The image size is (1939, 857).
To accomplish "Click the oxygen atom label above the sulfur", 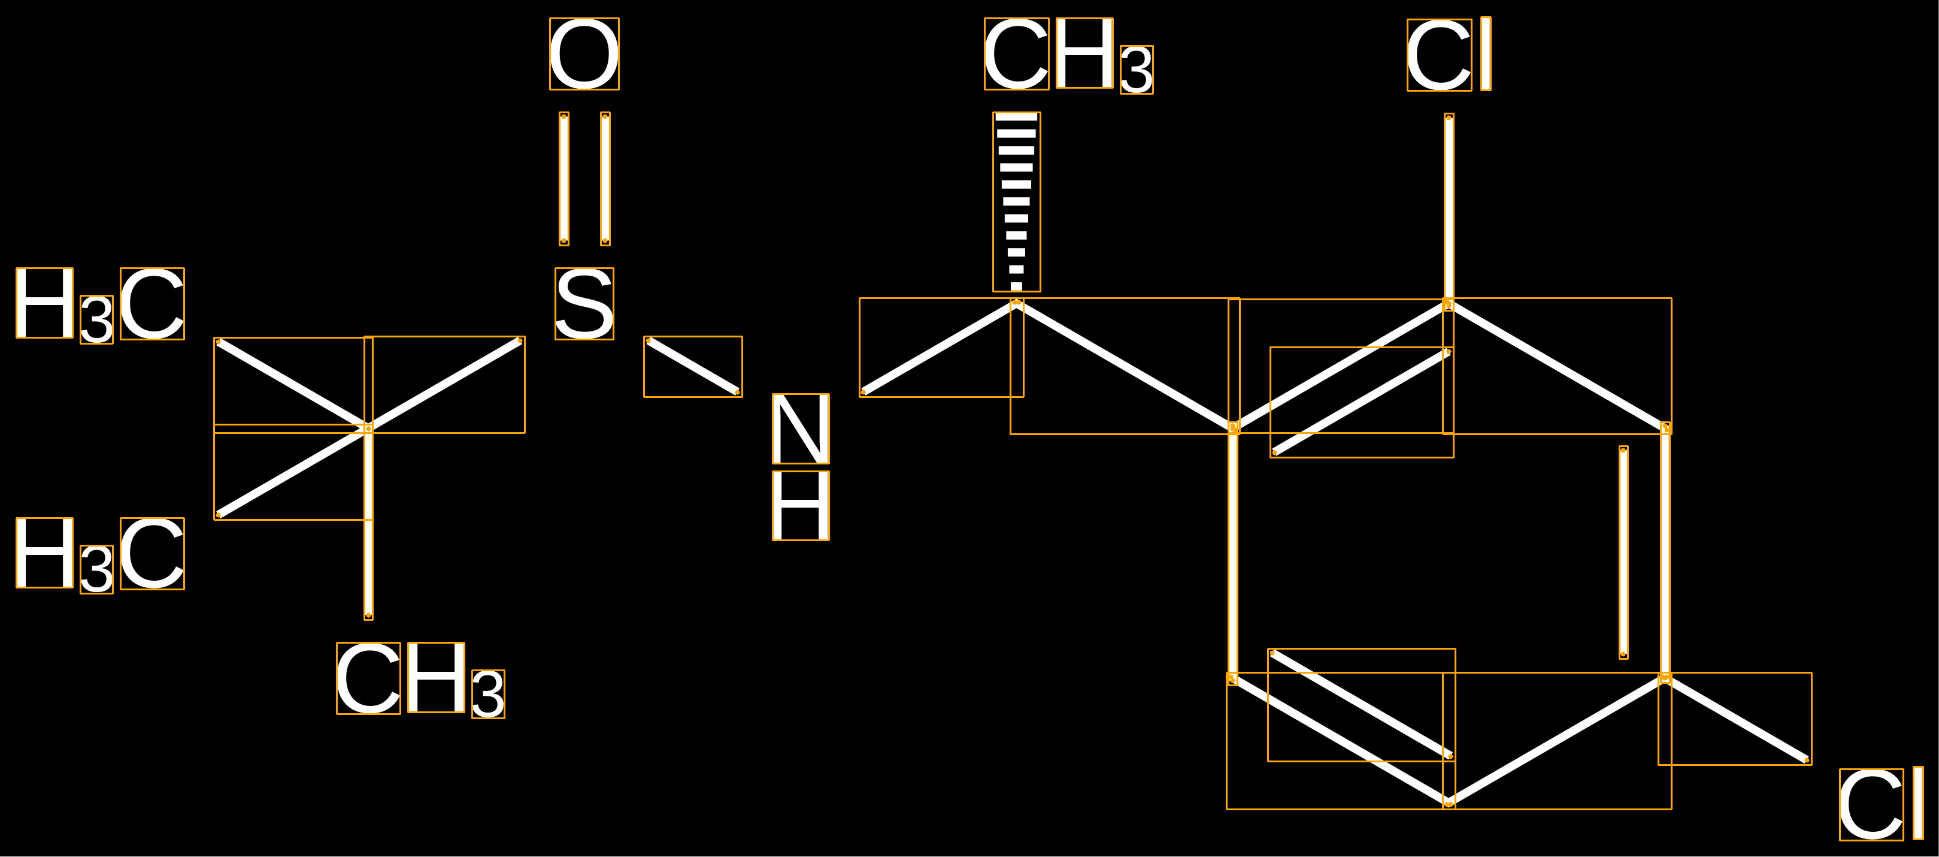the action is click(584, 54).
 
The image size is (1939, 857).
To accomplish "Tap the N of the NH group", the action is click(801, 429).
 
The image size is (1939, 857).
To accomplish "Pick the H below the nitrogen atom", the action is click(801, 506).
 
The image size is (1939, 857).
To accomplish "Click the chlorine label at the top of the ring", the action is click(1449, 54).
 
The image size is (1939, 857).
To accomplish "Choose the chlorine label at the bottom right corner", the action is click(1881, 804).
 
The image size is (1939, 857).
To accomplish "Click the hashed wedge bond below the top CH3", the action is click(1016, 202).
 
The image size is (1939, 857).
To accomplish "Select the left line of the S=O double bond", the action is click(563, 179).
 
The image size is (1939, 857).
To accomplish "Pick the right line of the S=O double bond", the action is click(605, 179).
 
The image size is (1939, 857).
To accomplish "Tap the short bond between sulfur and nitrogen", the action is click(692, 367).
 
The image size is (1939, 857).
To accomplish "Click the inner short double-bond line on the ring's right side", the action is click(1623, 553).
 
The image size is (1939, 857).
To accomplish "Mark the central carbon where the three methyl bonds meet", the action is click(368, 428).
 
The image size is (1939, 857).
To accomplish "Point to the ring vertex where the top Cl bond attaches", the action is click(1448, 304).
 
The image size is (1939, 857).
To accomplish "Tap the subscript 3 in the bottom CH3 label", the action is click(488, 695).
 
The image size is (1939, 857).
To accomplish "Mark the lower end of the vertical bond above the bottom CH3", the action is click(368, 616).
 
